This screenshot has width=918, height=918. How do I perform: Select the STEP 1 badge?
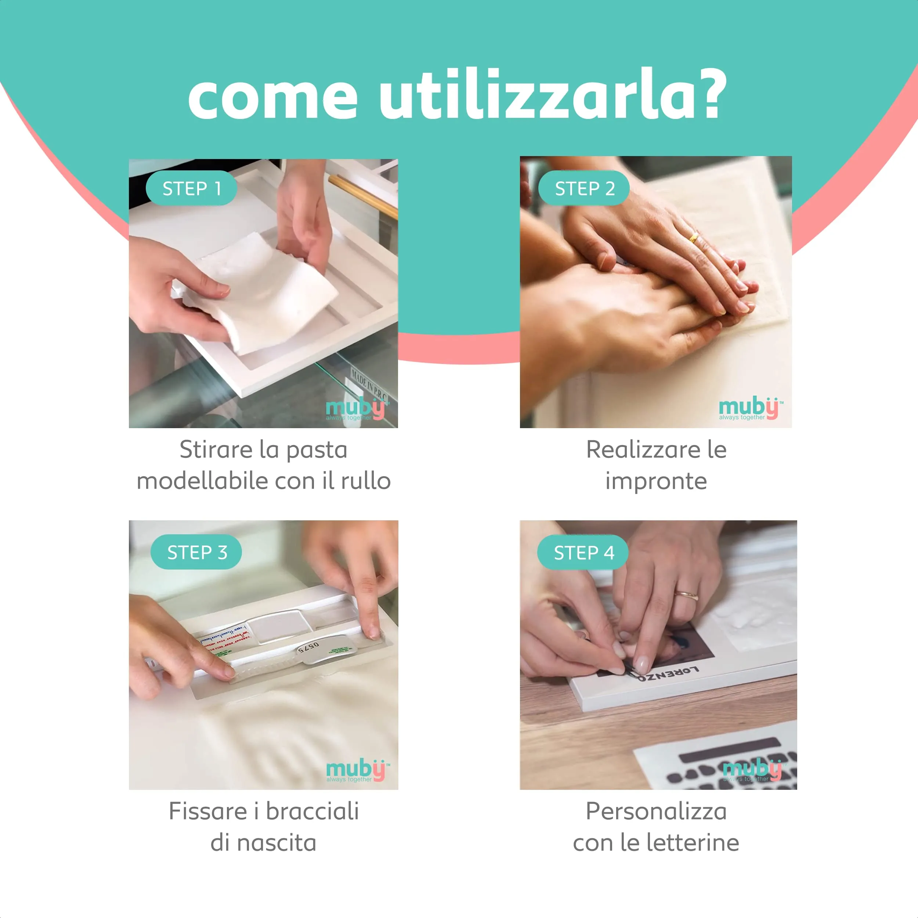(191, 188)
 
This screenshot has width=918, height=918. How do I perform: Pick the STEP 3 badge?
(197, 552)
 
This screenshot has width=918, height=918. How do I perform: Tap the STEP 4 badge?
(583, 552)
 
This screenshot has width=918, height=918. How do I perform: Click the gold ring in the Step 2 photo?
(694, 237)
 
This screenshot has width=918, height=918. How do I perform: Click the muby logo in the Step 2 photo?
(750, 408)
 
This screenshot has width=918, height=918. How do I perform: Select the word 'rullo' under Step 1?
(365, 481)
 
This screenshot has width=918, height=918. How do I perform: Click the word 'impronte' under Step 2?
(656, 481)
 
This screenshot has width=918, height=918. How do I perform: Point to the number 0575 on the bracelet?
(309, 647)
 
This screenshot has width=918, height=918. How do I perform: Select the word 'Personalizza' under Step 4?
(656, 811)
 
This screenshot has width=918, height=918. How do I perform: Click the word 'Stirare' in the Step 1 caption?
(216, 449)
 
